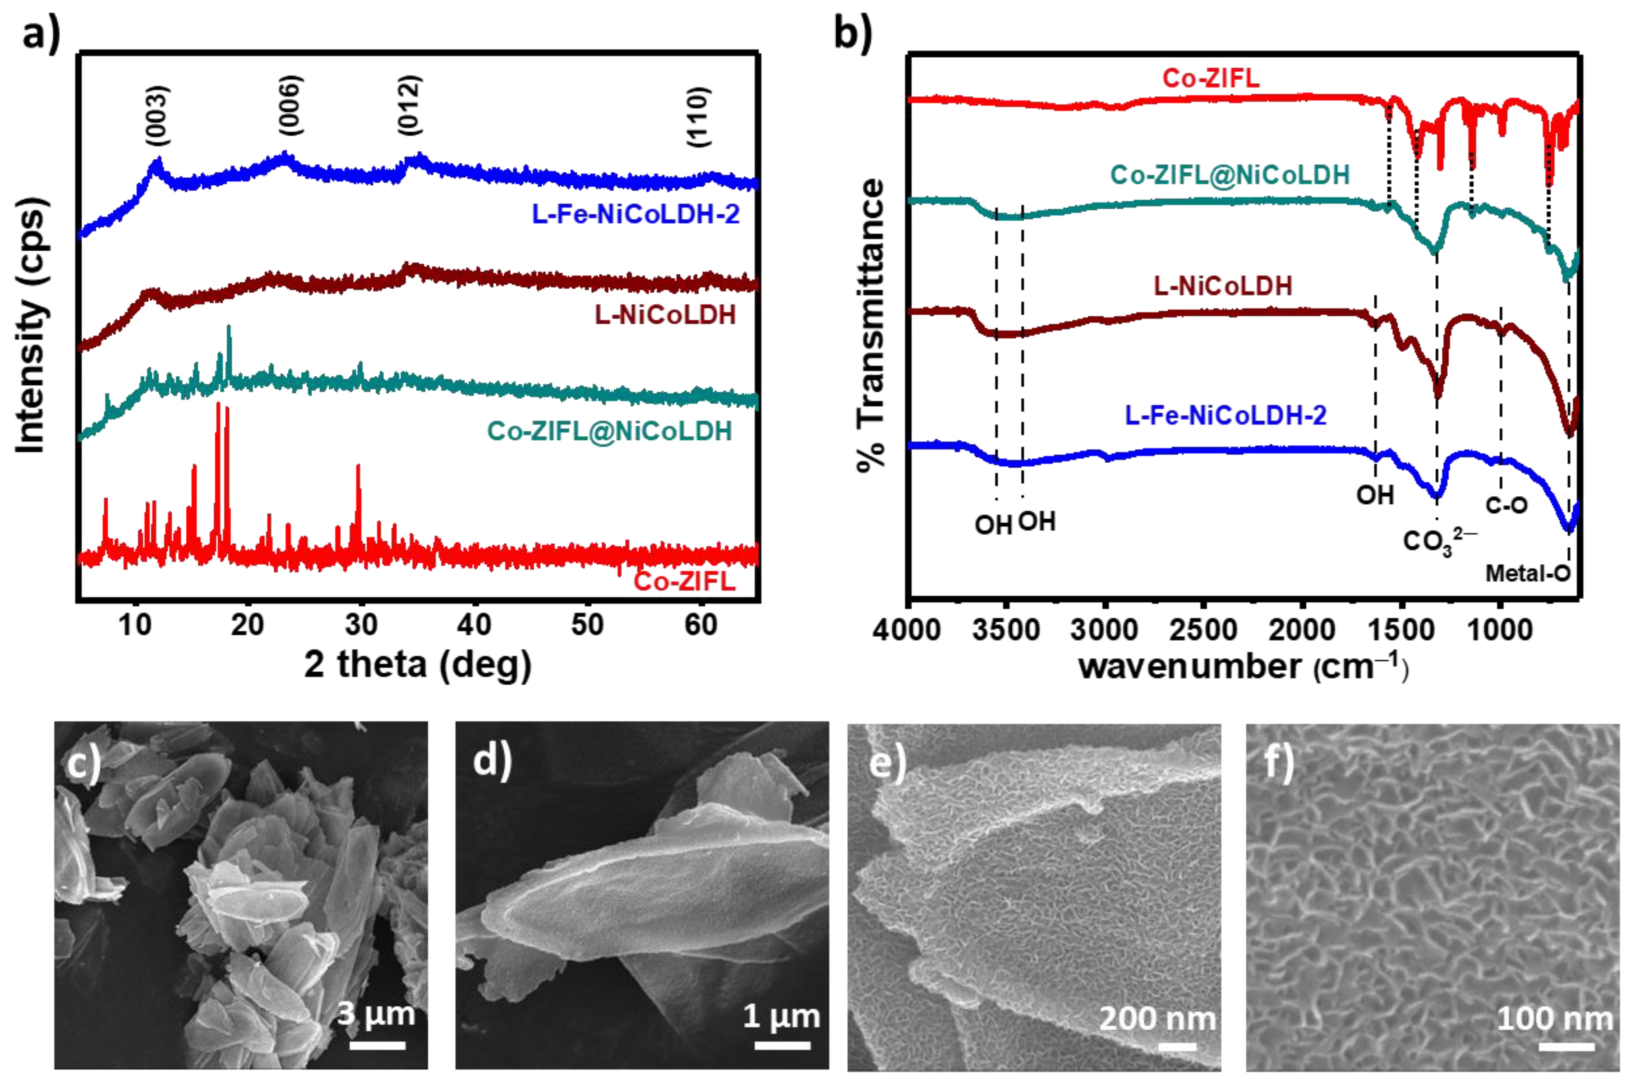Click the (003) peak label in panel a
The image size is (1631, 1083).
(x=157, y=115)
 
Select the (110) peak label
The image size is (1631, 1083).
(x=698, y=117)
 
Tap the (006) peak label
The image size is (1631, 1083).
(x=290, y=105)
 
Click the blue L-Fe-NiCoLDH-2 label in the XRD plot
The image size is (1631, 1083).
(x=635, y=214)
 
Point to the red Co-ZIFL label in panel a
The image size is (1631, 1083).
(x=684, y=581)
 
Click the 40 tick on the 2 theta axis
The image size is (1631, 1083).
(x=475, y=625)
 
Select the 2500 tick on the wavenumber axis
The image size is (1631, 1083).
(x=1204, y=629)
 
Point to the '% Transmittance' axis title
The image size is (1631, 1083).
(x=871, y=325)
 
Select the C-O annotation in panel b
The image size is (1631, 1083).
(x=1506, y=506)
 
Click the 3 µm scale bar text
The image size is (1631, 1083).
(x=376, y=1014)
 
